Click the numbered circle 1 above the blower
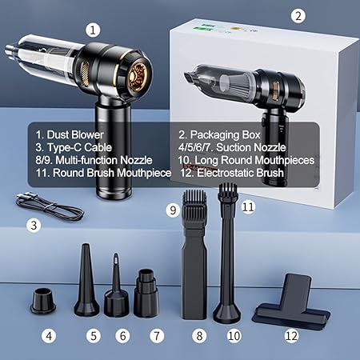(93, 30)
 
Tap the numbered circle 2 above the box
(298, 16)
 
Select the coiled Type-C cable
(50, 206)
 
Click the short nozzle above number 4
(43, 301)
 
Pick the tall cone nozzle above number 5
(86, 280)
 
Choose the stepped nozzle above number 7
(146, 294)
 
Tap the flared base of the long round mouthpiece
(227, 311)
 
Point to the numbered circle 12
(291, 336)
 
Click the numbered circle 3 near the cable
(34, 226)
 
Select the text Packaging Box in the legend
(225, 135)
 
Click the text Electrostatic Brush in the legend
(240, 173)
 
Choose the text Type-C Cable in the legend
(79, 147)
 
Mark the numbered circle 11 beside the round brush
(248, 207)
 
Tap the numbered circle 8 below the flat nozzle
(199, 336)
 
